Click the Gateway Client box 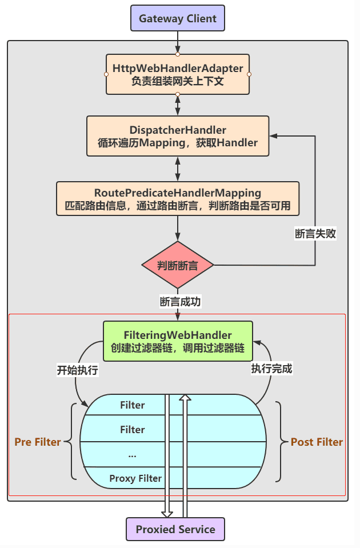pos(178,18)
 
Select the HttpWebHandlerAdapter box pos(178,74)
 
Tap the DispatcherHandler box pos(178,136)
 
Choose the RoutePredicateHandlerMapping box pos(178,198)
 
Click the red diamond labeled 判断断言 pos(178,265)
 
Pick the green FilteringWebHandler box pos(178,341)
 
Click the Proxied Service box pos(175,529)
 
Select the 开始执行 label pos(78,370)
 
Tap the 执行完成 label pos(271,369)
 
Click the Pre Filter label pos(38,442)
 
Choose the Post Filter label pos(317,442)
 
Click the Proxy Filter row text pos(135,478)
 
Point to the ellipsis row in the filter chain pos(133,455)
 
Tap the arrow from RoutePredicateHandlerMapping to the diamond pos(178,228)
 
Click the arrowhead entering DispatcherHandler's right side pos(273,136)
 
